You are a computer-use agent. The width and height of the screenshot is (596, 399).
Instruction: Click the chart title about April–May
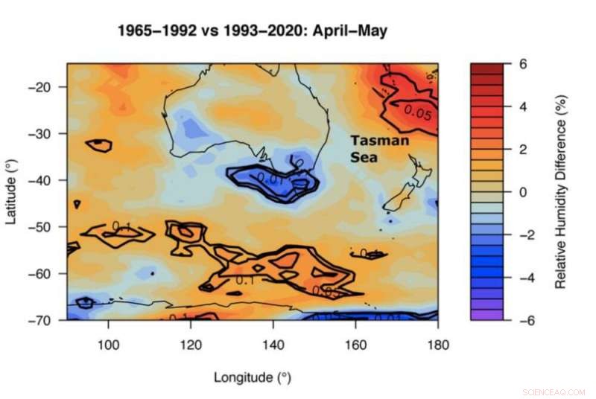point(253,31)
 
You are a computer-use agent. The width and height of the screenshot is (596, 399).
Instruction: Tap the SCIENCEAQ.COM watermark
point(554,390)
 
